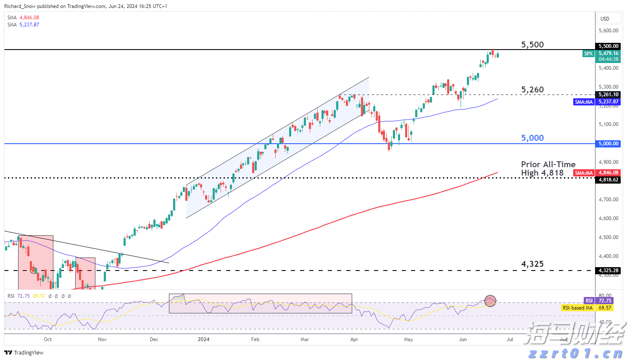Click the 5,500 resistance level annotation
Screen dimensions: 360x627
(532, 45)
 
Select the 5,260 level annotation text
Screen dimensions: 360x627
(532, 89)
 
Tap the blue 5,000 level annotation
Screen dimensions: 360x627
(532, 138)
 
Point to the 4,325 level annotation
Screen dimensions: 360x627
(532, 264)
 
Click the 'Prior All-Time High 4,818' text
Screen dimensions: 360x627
(548, 168)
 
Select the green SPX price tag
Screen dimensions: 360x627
(588, 54)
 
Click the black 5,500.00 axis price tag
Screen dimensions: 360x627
(608, 46)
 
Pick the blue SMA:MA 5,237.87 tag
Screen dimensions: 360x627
(584, 102)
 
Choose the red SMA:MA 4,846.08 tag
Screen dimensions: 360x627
(584, 173)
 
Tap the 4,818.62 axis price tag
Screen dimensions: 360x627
(608, 180)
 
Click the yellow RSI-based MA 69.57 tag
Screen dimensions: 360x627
(577, 308)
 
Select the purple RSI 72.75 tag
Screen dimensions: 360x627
(589, 301)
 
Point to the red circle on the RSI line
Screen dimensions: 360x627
(490, 300)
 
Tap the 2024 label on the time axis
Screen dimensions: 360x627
(203, 339)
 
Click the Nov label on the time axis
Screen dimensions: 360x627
(102, 339)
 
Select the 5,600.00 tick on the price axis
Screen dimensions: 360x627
(608, 31)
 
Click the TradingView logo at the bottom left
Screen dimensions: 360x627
(24, 352)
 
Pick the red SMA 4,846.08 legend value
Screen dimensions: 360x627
(29, 18)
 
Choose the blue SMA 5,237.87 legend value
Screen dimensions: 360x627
(29, 25)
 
